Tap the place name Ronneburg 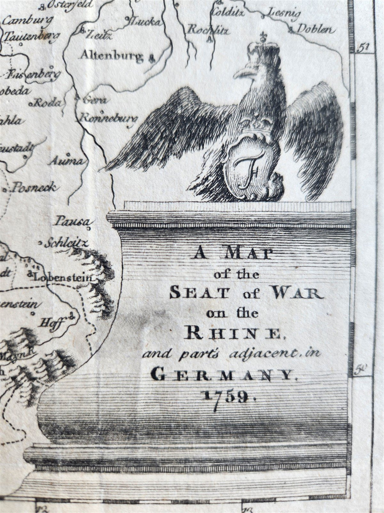click(x=108, y=118)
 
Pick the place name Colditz click(x=228, y=13)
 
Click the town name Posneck click(x=33, y=187)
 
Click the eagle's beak click(x=242, y=72)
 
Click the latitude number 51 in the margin click(x=364, y=47)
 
